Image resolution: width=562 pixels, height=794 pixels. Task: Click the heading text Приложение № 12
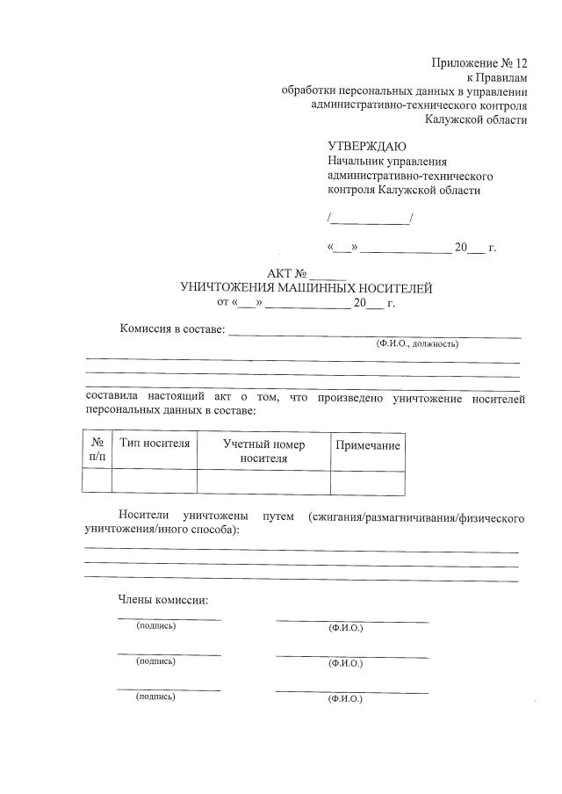click(x=479, y=63)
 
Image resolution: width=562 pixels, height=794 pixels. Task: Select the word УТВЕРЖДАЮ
click(x=366, y=146)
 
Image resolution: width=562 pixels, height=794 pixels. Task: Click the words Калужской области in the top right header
click(x=476, y=119)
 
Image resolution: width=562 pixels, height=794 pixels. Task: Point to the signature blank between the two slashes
click(x=369, y=218)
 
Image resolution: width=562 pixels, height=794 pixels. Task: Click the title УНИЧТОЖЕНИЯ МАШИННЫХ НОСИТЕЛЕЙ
click(x=306, y=287)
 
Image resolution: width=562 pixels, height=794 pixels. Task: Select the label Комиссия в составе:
click(x=172, y=330)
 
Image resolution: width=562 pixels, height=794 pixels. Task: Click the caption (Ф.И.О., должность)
click(x=417, y=344)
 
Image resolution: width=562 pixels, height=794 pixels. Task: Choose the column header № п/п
click(x=97, y=450)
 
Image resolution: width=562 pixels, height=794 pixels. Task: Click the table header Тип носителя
click(x=155, y=444)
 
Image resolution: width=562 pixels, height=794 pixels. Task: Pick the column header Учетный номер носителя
click(x=263, y=451)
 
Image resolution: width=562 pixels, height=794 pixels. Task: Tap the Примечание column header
click(x=368, y=445)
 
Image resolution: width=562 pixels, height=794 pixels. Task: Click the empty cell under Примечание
click(x=368, y=482)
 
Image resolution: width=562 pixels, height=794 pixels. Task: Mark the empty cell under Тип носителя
click(x=155, y=482)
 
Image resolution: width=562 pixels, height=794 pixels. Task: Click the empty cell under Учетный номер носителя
click(x=263, y=482)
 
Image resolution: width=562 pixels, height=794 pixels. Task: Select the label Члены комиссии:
click(x=162, y=601)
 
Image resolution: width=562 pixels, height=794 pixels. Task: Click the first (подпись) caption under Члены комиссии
click(x=155, y=626)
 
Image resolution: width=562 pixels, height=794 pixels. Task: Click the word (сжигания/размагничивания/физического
click(x=416, y=517)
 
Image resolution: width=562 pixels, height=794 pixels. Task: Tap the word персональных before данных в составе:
click(x=122, y=410)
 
